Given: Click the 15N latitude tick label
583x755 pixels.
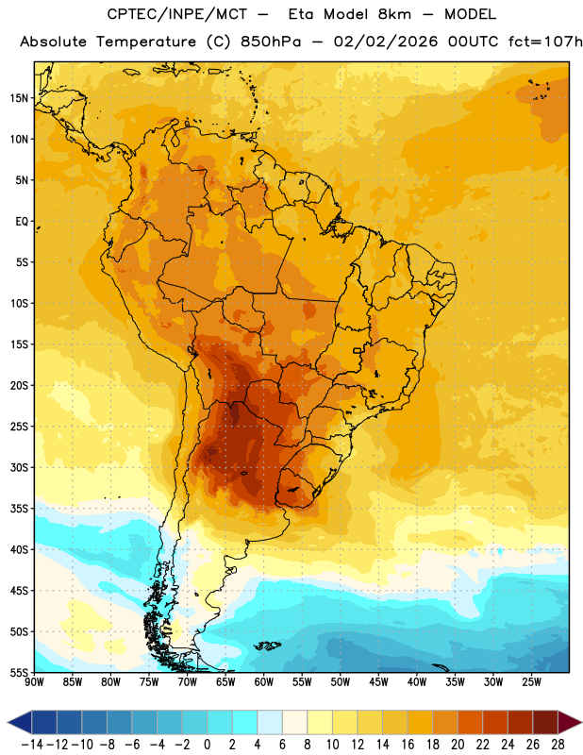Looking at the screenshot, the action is tap(19, 98).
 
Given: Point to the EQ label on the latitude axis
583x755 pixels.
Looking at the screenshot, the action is tap(22, 222).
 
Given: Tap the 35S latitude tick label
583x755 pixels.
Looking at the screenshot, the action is tap(19, 509).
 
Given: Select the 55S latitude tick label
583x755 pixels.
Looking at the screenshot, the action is tap(19, 672).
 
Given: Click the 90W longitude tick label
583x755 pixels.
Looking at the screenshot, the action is tap(34, 682).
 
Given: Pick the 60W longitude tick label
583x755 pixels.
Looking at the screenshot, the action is tap(264, 682).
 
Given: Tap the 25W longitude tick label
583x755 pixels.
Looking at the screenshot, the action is tap(531, 682).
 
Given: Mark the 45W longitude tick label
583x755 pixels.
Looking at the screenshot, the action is tap(378, 682).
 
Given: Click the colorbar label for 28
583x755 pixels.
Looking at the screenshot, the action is tap(558, 745).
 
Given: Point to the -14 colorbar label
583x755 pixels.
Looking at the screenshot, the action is tap(32, 745).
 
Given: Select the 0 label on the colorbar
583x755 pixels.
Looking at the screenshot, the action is tap(207, 745).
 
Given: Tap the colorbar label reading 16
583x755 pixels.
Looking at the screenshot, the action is tap(408, 745).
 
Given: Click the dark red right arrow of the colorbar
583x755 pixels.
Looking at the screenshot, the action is tap(570, 722).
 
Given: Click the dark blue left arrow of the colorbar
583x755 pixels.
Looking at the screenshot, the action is tap(20, 722).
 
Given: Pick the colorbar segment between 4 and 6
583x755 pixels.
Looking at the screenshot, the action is tap(270, 722).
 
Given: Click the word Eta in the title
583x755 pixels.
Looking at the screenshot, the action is tap(301, 14).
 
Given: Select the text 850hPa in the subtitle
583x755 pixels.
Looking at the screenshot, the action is tap(271, 42).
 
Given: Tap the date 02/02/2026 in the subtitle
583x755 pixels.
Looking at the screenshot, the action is tap(386, 42).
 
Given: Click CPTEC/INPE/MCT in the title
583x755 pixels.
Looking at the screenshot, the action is tap(177, 14).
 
